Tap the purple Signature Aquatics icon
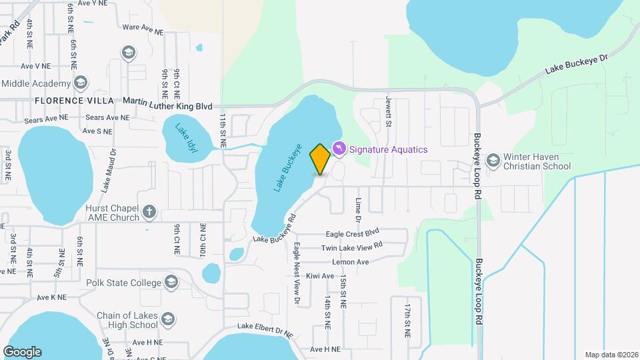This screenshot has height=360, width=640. [339, 148]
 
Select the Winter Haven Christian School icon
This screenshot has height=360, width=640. [493, 160]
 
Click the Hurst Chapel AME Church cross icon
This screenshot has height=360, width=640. [150, 212]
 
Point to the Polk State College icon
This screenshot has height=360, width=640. [173, 282]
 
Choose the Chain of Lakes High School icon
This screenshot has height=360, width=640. [168, 319]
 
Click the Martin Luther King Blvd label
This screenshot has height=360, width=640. [167, 106]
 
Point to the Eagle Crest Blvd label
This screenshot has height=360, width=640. [352, 233]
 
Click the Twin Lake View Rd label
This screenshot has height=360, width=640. [352, 247]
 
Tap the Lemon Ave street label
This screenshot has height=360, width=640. [351, 262]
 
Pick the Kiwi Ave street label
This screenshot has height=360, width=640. [320, 275]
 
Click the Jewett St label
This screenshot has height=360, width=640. [387, 108]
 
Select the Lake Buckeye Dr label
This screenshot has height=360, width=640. [577, 64]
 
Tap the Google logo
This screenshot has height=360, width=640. [22, 352]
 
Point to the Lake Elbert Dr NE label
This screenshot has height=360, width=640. [265, 329]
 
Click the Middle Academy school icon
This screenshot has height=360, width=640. [81, 83]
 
